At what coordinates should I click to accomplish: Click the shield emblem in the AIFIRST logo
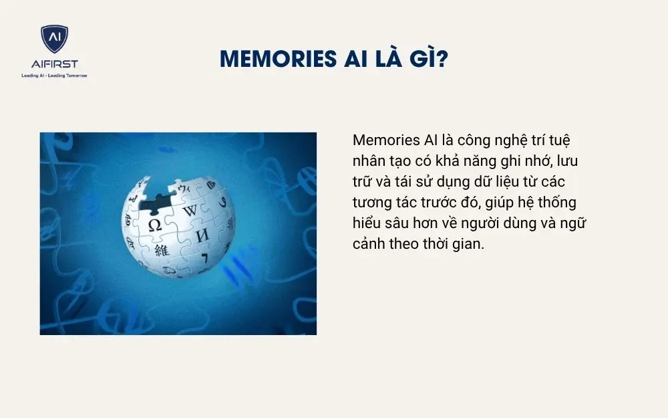[54, 39]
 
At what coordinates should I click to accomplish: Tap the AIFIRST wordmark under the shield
[54, 64]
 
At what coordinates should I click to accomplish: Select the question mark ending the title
[442, 60]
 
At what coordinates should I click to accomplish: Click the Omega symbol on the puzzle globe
[155, 225]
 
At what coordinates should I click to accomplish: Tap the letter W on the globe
[190, 211]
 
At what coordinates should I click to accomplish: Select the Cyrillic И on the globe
[201, 235]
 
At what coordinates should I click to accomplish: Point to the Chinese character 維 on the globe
[162, 251]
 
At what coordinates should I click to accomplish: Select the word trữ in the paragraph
[363, 182]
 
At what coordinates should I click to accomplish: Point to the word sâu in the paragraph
[397, 223]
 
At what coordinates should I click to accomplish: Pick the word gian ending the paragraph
[469, 244]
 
